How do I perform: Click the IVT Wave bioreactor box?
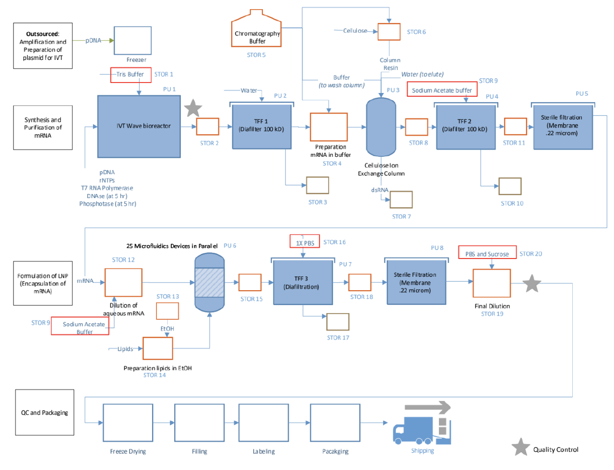pos(139,126)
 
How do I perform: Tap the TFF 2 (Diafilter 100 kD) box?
pos(465,127)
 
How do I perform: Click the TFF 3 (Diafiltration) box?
pos(303,282)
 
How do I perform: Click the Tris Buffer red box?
pos(130,75)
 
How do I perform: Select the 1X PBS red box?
pos(305,241)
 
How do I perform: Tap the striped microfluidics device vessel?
pos(210,283)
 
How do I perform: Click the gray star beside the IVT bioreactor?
pos(193,108)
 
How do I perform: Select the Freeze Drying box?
pos(128,423)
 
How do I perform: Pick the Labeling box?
pos(263,423)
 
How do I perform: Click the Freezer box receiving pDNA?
pos(132,40)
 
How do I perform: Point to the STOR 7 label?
pos(401,217)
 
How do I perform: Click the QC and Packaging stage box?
pos(45,412)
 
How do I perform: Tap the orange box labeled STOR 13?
pos(167,311)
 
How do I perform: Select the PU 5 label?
pos(581,94)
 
